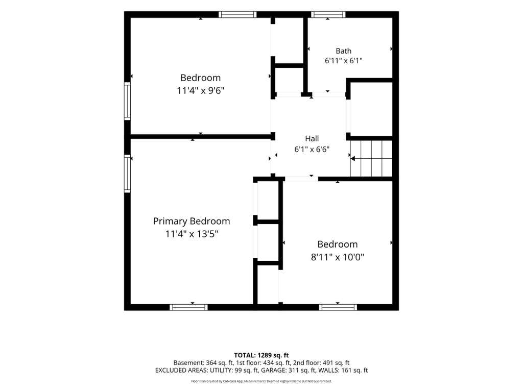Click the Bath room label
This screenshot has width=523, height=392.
click(x=343, y=51)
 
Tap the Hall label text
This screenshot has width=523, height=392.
click(x=312, y=139)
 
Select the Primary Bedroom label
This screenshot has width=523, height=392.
click(x=192, y=222)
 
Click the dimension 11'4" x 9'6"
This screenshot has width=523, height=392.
click(x=200, y=91)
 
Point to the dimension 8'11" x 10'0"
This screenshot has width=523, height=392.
click(x=337, y=257)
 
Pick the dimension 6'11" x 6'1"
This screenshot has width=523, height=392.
click(x=344, y=61)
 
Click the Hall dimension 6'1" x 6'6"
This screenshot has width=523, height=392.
click(x=312, y=150)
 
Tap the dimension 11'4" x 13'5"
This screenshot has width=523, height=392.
click(x=192, y=234)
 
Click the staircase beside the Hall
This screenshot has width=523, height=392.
click(x=371, y=159)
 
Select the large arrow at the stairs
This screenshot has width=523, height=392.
click(x=352, y=159)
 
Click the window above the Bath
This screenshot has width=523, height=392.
click(x=328, y=14)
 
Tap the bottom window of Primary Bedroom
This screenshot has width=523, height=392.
click(x=188, y=307)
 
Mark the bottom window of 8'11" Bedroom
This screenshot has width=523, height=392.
click(x=338, y=307)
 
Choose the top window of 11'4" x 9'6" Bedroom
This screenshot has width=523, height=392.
click(x=237, y=14)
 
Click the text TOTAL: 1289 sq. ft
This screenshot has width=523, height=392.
click(x=261, y=355)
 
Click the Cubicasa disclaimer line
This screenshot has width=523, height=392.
click(x=261, y=381)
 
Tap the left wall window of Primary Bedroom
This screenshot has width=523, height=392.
click(x=127, y=174)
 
